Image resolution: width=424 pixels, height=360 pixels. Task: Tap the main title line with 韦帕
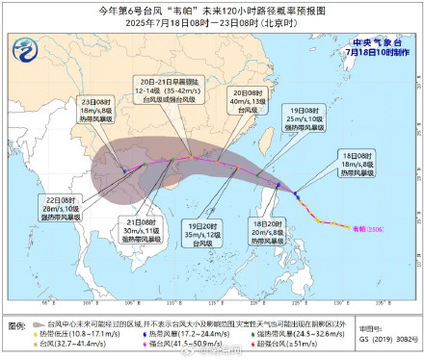(x=212, y=11)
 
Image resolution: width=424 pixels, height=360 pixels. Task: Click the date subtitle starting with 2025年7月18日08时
(x=212, y=24)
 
